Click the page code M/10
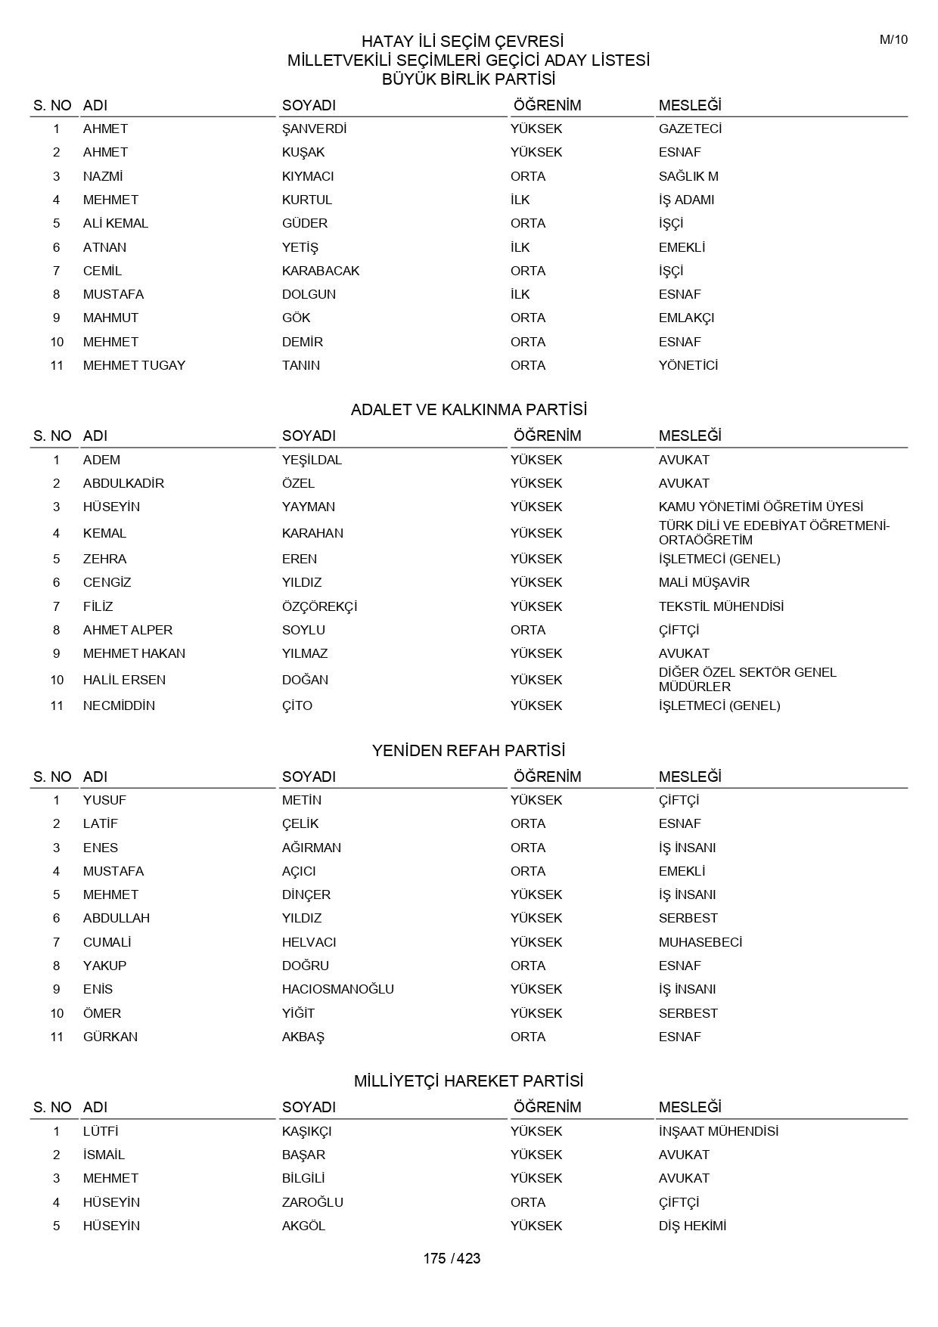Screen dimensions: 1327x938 (x=893, y=40)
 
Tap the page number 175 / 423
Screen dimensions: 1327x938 (x=452, y=1258)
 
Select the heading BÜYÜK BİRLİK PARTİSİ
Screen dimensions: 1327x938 (x=468, y=79)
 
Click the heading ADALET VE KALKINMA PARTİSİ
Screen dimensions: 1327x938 (x=468, y=410)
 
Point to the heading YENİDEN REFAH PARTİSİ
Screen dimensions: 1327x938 (x=468, y=751)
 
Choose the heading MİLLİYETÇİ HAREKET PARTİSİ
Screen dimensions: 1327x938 (x=468, y=1081)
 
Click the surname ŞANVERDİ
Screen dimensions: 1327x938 (x=314, y=129)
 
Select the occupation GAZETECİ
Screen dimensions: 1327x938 (x=690, y=129)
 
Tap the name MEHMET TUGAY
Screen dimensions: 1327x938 (x=134, y=365)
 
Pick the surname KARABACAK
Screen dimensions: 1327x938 (x=321, y=271)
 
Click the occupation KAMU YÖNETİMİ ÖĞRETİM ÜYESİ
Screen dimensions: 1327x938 (x=760, y=507)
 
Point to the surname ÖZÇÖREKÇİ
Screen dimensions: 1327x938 (x=319, y=606)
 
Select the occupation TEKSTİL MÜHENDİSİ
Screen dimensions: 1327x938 (x=721, y=606)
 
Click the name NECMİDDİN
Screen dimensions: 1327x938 (x=119, y=705)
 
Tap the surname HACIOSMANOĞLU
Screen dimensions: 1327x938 (x=337, y=989)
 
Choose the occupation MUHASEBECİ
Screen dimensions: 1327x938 (x=700, y=942)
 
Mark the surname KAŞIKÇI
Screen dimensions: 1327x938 (x=306, y=1131)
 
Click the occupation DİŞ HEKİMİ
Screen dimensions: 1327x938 (x=692, y=1226)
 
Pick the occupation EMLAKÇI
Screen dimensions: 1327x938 (x=686, y=318)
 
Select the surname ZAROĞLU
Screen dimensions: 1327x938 (x=312, y=1202)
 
